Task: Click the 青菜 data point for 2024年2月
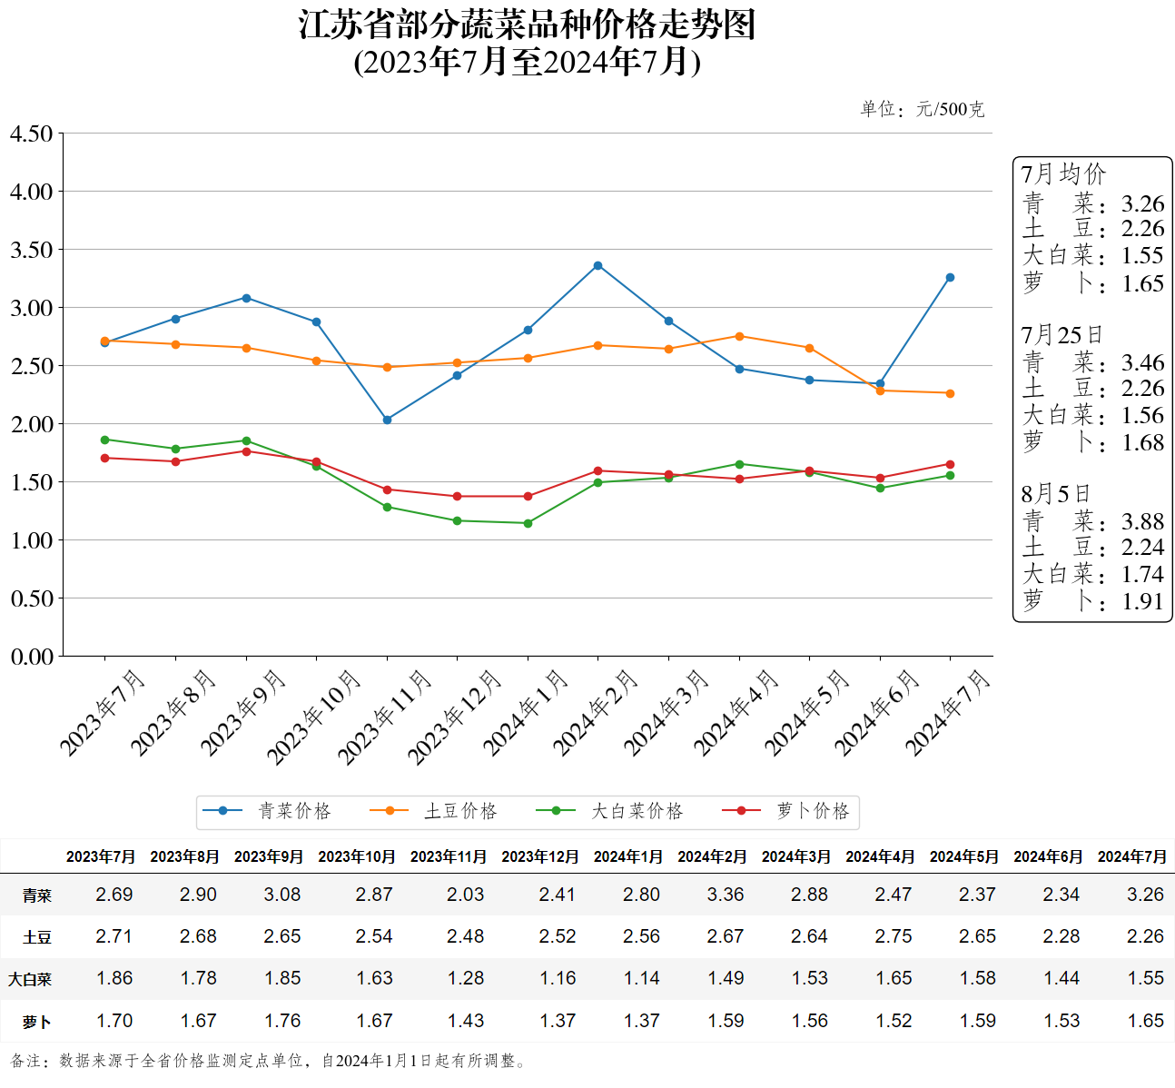point(597,266)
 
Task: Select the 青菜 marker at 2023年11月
point(387,420)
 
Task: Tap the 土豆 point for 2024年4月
point(739,337)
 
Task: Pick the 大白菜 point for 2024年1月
point(528,523)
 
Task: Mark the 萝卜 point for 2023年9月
point(246,451)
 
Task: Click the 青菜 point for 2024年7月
point(950,278)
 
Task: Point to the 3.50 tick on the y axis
point(32,250)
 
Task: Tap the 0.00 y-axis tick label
point(32,657)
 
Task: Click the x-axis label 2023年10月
point(314,717)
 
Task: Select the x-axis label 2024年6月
point(877,713)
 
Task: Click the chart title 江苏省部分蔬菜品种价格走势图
point(528,25)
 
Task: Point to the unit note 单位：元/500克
point(922,110)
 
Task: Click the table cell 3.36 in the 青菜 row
point(726,895)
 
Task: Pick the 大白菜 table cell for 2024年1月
point(641,978)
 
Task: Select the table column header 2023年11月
point(449,856)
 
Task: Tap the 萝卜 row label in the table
point(36,1022)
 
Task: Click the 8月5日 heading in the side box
point(1055,494)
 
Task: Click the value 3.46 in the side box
point(1142,363)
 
